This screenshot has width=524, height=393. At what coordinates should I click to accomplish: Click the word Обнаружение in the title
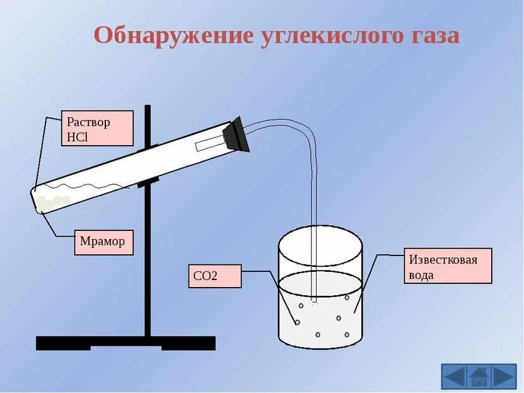173,35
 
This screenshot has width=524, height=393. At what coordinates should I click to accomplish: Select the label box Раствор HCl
97,128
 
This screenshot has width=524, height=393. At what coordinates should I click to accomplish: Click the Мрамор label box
104,242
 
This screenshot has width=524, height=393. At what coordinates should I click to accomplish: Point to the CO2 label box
215,276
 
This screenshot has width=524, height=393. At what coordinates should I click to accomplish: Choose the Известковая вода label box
448,266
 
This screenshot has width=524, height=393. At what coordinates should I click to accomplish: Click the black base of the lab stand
125,343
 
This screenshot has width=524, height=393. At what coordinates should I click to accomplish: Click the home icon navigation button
479,377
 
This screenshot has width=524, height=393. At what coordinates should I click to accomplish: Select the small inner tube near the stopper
209,144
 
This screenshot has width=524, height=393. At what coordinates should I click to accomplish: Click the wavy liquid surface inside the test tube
95,187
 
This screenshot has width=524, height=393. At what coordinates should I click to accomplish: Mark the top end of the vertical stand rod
148,107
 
